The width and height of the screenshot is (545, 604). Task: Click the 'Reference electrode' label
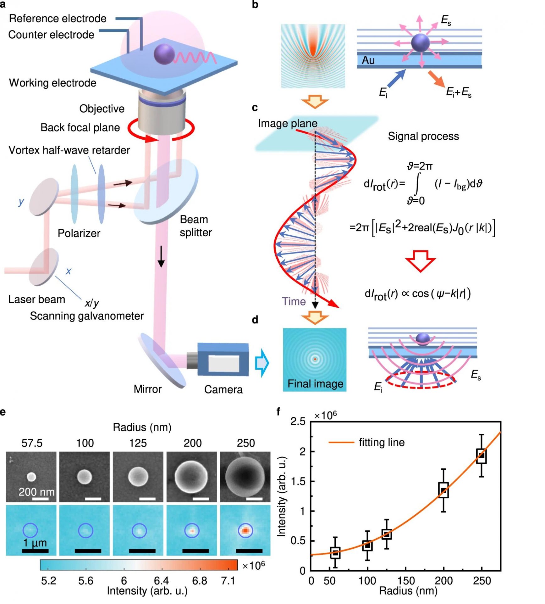click(58, 19)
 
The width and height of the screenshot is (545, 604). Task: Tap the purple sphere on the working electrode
click(164, 54)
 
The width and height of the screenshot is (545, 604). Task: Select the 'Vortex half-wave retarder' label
click(69, 150)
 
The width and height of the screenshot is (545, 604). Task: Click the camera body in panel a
click(223, 359)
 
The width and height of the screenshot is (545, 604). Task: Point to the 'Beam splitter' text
click(195, 226)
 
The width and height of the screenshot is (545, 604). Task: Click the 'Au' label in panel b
click(368, 60)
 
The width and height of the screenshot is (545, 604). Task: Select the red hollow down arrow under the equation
click(420, 260)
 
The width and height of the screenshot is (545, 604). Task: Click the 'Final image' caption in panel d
click(315, 384)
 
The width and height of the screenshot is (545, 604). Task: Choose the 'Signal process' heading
click(423, 136)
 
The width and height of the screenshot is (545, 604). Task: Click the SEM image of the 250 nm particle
click(245, 476)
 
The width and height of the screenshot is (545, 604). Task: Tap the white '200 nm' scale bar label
click(36, 492)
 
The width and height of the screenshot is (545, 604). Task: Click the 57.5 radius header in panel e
click(32, 443)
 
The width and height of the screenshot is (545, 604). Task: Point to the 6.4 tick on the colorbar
click(162, 580)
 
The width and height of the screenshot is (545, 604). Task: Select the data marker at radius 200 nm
click(443, 490)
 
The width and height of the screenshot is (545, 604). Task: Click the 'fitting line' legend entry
click(382, 442)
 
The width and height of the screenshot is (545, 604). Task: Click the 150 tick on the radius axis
click(406, 580)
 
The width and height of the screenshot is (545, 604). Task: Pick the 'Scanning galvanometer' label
click(87, 316)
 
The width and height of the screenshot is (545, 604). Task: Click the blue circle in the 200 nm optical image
click(192, 530)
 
